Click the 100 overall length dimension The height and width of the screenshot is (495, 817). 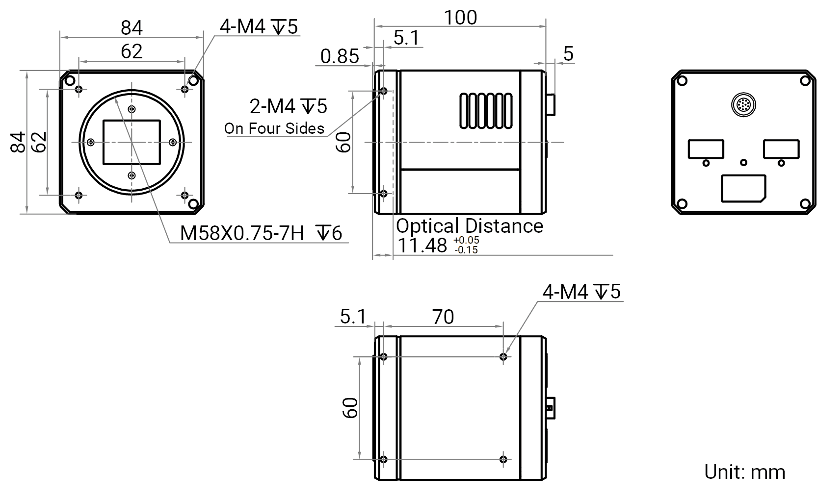(x=460, y=18)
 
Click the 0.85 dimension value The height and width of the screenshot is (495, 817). (x=340, y=56)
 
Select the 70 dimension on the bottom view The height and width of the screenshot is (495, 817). (x=443, y=317)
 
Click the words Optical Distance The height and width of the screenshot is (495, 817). (x=470, y=226)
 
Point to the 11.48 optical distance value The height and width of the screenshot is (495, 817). (x=422, y=245)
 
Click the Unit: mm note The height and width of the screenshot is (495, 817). (x=744, y=472)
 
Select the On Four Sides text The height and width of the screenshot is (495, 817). (x=274, y=128)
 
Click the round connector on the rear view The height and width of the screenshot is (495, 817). (x=743, y=105)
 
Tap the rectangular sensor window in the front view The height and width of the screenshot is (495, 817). (x=132, y=143)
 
